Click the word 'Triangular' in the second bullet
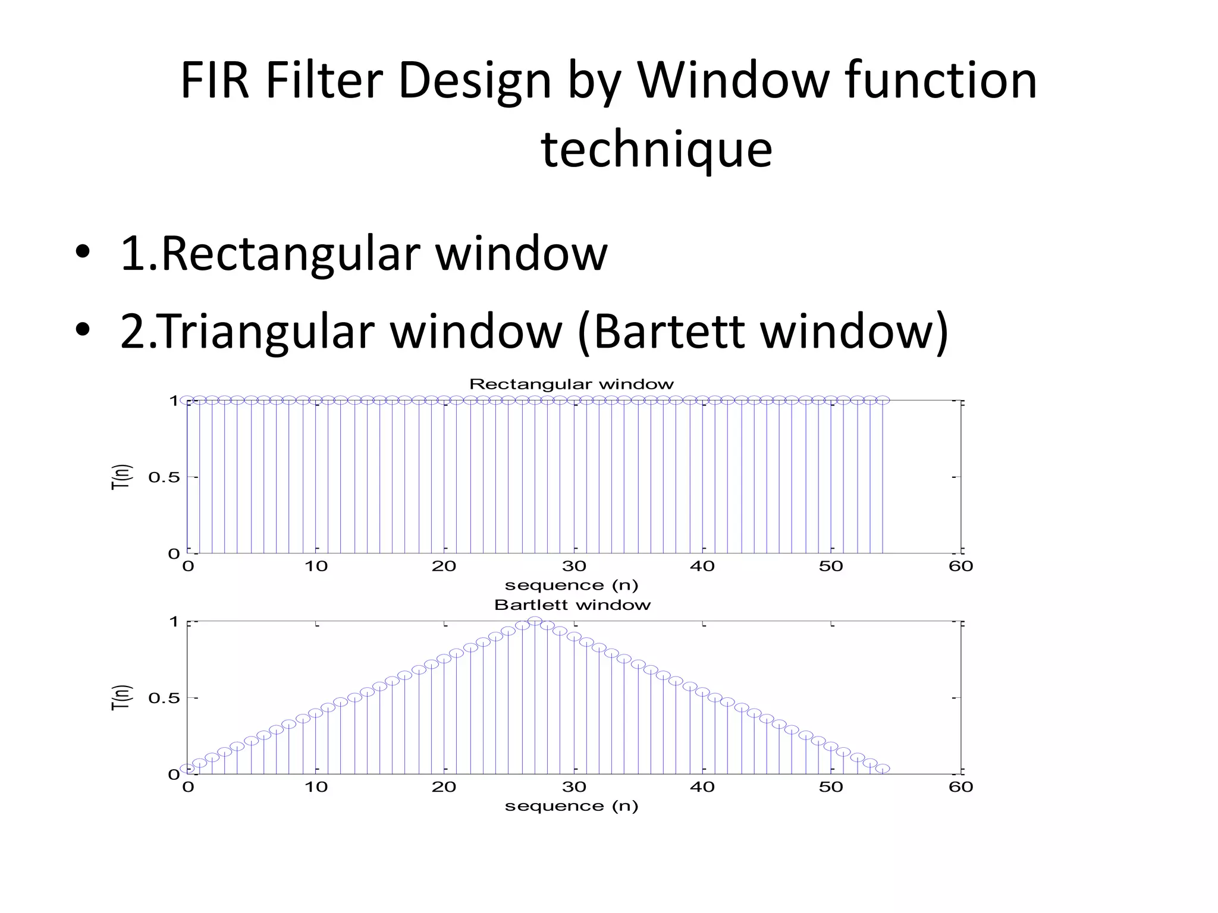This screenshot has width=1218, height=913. pos(268,331)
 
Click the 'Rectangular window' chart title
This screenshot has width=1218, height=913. pos(572,384)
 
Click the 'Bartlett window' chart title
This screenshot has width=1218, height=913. pos(572,605)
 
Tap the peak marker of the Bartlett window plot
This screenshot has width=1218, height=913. pos(535,621)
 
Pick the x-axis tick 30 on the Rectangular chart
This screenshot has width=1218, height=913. pos(574,566)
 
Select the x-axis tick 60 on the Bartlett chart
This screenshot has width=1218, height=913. pos(960,788)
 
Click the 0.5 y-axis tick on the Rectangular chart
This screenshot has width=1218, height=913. pos(164,477)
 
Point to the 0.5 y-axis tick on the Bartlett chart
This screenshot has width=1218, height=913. pos(164,698)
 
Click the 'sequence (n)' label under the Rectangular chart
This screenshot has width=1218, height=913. pos(572,585)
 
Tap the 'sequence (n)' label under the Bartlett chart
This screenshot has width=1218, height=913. pos(572,807)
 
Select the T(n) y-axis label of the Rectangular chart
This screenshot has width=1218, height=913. pos(121,477)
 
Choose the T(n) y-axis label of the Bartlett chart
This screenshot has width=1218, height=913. pos(121,698)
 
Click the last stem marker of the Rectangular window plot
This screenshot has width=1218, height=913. pos(883,400)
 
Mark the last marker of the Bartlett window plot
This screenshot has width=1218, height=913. pos(883,769)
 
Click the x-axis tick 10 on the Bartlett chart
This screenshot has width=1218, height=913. pos(316,788)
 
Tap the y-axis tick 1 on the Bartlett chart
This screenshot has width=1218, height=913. pos(174,622)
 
